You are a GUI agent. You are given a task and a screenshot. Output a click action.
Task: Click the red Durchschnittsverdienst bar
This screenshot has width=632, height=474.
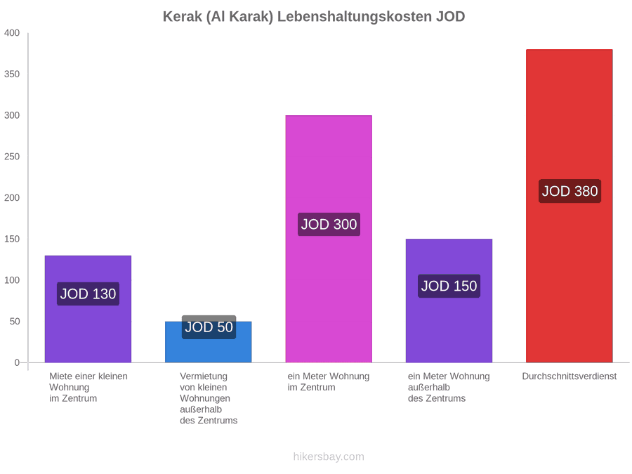pyautogui.click(x=569, y=206)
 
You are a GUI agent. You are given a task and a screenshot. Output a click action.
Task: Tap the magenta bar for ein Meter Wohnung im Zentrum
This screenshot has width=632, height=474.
pyautogui.click(x=329, y=239)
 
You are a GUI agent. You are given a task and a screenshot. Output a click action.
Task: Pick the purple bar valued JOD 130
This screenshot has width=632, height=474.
pyautogui.click(x=88, y=309)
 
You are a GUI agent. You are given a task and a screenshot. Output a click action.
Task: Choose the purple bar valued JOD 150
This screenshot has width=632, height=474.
pyautogui.click(x=449, y=301)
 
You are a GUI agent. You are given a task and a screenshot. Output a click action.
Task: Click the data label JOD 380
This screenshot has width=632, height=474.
pyautogui.click(x=570, y=191)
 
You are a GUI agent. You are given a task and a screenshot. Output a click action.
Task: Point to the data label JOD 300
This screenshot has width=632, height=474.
pyautogui.click(x=329, y=224)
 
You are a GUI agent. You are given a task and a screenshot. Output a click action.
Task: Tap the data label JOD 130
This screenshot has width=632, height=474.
pyautogui.click(x=88, y=294)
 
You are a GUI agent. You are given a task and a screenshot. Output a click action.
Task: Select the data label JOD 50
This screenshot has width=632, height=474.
pyautogui.click(x=209, y=327)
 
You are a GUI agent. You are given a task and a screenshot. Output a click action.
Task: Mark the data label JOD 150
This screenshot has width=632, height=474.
pyautogui.click(x=449, y=286)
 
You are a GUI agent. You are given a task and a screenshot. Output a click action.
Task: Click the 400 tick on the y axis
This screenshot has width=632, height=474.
pyautogui.click(x=12, y=32)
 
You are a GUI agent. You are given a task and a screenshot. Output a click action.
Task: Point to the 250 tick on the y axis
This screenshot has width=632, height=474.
pyautogui.click(x=12, y=157)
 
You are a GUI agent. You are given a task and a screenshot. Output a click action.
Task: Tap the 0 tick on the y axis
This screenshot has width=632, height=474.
pyautogui.click(x=17, y=362)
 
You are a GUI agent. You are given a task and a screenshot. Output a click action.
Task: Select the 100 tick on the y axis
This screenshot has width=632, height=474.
pyautogui.click(x=12, y=280)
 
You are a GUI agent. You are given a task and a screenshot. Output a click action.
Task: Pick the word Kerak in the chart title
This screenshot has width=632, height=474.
pyautogui.click(x=182, y=17)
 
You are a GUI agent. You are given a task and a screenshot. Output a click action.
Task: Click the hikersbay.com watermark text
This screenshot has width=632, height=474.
pyautogui.click(x=329, y=456)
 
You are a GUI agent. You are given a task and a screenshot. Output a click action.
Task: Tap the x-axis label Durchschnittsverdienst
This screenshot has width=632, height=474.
pyautogui.click(x=569, y=376)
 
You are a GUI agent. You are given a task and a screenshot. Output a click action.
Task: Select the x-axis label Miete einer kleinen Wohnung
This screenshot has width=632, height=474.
pyautogui.click(x=88, y=387)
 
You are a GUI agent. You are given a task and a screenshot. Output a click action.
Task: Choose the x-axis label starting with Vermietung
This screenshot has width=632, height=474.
pyautogui.click(x=209, y=398)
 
